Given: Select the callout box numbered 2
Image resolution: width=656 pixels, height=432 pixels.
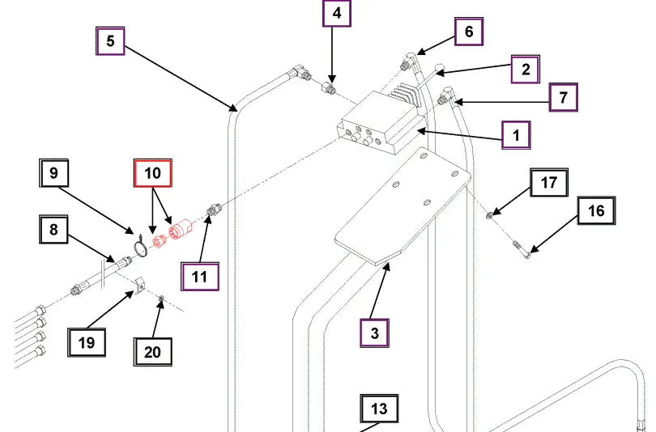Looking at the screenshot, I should pyautogui.click(x=525, y=70).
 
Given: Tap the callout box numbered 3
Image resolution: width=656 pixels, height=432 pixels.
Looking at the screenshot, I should pyautogui.click(x=374, y=332).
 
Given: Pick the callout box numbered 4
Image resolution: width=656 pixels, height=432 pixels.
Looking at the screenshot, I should pyautogui.click(x=337, y=15).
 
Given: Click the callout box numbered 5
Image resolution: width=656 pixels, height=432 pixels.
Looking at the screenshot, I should pyautogui.click(x=110, y=41).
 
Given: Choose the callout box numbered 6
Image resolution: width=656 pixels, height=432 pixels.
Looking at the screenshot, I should pyautogui.click(x=468, y=32).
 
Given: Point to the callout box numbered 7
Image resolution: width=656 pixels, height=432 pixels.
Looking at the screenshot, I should pyautogui.click(x=563, y=97).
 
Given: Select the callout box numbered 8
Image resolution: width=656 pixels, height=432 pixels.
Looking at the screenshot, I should pyautogui.click(x=53, y=230).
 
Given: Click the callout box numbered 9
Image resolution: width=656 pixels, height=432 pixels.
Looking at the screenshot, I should pyautogui.click(x=53, y=173).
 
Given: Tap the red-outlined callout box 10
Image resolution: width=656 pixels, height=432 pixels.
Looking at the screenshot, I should pyautogui.click(x=153, y=173).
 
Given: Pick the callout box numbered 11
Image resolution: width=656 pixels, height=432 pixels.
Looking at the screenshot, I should pyautogui.click(x=200, y=276).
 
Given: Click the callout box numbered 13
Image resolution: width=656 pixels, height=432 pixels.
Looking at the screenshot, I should pyautogui.click(x=379, y=409).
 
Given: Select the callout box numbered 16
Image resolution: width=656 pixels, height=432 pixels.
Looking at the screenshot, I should pyautogui.click(x=596, y=211).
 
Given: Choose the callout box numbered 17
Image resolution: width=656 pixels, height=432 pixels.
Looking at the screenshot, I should pyautogui.click(x=549, y=183).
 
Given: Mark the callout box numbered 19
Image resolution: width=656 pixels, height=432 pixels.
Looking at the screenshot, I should pyautogui.click(x=87, y=341).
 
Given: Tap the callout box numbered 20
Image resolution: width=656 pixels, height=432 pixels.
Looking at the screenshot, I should pyautogui.click(x=153, y=352).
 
